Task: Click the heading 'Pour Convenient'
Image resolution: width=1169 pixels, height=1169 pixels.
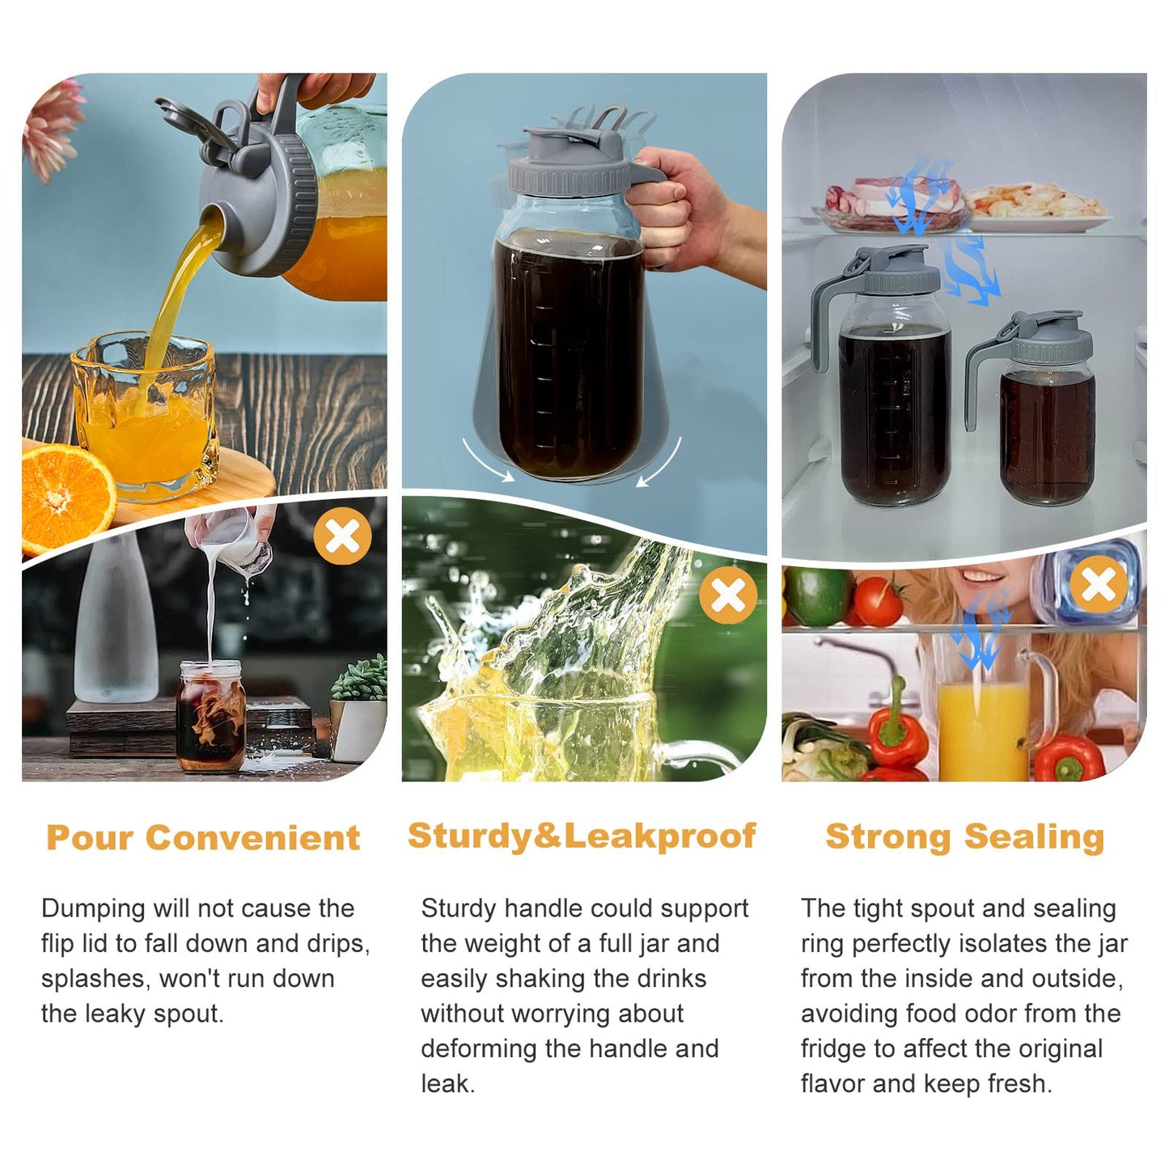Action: [x=203, y=838]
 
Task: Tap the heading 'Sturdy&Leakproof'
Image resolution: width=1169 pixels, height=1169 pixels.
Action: [x=582, y=836]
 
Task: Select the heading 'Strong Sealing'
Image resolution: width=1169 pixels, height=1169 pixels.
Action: [x=964, y=837]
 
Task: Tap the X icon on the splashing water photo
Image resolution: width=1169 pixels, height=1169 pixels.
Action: [x=728, y=595]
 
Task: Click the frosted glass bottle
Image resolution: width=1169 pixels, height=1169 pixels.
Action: [x=116, y=619]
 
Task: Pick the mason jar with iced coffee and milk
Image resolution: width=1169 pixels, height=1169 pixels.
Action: [x=211, y=717]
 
